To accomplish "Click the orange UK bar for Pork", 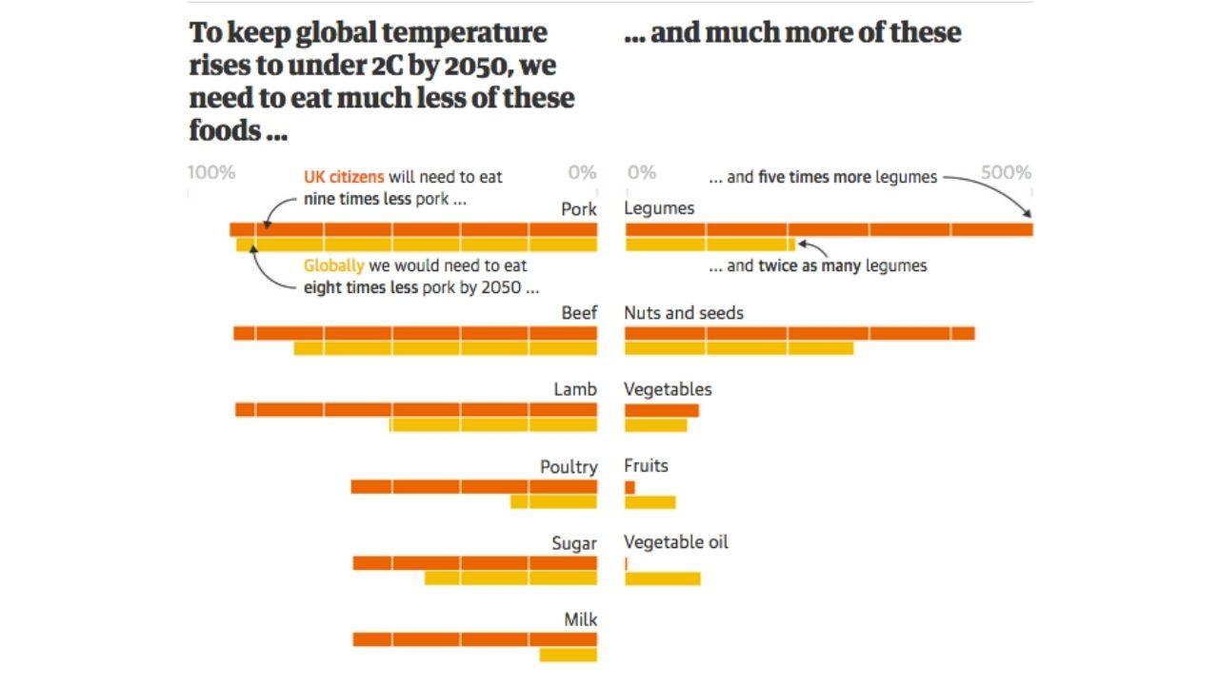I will (413, 229).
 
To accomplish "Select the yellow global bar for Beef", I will (446, 348).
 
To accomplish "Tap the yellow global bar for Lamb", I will (493, 425).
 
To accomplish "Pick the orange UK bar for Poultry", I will (473, 487).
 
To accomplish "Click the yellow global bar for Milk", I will (568, 655).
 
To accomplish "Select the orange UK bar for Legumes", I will (829, 229).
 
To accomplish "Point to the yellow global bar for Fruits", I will (649, 502).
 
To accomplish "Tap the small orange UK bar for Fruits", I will (629, 487).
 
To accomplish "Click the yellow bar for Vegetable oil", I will (662, 578).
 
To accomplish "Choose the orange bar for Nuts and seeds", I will (799, 333).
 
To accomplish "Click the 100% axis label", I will (211, 172).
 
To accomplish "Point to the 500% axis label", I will (1007, 172).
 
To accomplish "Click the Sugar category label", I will (574, 543).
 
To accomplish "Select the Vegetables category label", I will (668, 389).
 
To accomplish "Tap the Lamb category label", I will (575, 389).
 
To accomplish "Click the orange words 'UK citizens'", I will (344, 177).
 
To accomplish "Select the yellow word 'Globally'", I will (333, 265).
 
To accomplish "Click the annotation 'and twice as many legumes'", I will (817, 265).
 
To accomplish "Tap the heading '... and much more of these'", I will (792, 32).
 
